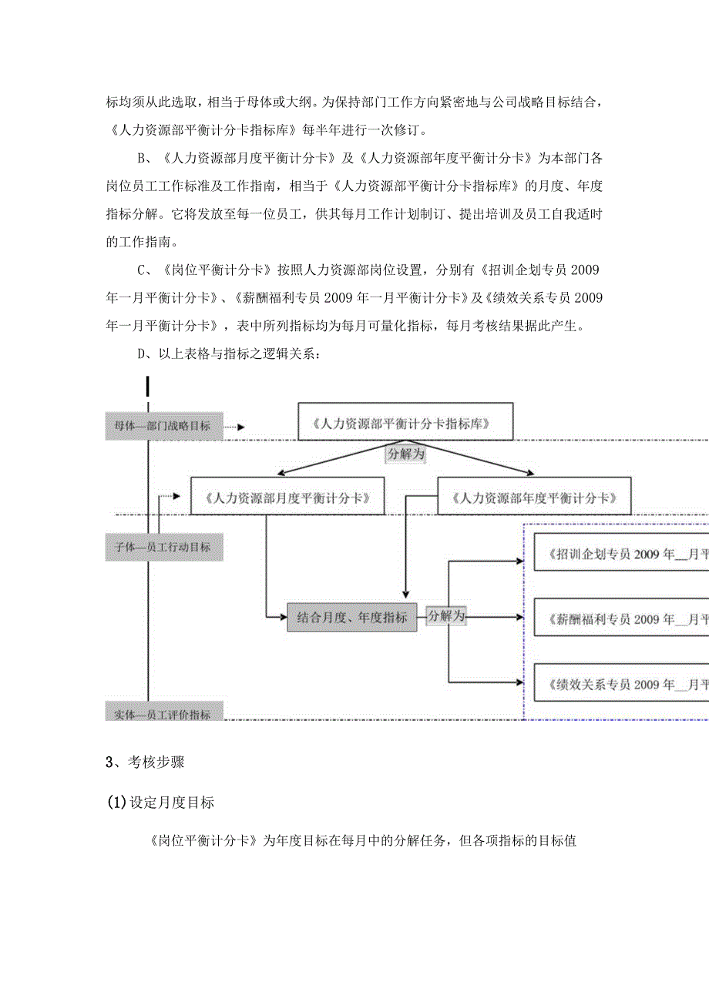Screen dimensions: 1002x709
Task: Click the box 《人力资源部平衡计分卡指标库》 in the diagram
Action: (x=405, y=422)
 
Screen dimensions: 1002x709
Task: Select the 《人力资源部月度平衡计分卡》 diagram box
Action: (x=287, y=497)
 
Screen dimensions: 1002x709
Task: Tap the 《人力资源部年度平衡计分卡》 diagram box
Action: (x=534, y=497)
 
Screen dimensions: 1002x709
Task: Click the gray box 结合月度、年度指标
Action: (x=351, y=617)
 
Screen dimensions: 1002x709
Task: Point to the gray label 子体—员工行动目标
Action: (x=163, y=548)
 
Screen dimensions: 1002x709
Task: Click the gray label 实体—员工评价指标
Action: (x=163, y=714)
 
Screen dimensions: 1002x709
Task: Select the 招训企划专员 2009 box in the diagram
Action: (x=620, y=554)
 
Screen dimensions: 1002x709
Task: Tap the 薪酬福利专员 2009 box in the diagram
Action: (x=620, y=618)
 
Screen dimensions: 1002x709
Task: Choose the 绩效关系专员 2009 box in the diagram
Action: (x=620, y=684)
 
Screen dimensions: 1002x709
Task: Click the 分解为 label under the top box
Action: (x=405, y=454)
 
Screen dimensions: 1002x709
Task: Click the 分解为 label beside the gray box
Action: (x=446, y=615)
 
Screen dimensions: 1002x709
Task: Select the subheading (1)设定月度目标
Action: (x=161, y=803)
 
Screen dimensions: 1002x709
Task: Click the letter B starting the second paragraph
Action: (x=142, y=159)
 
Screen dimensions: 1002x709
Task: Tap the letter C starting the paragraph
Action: (x=142, y=270)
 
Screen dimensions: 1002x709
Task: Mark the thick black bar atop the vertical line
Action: (x=147, y=385)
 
